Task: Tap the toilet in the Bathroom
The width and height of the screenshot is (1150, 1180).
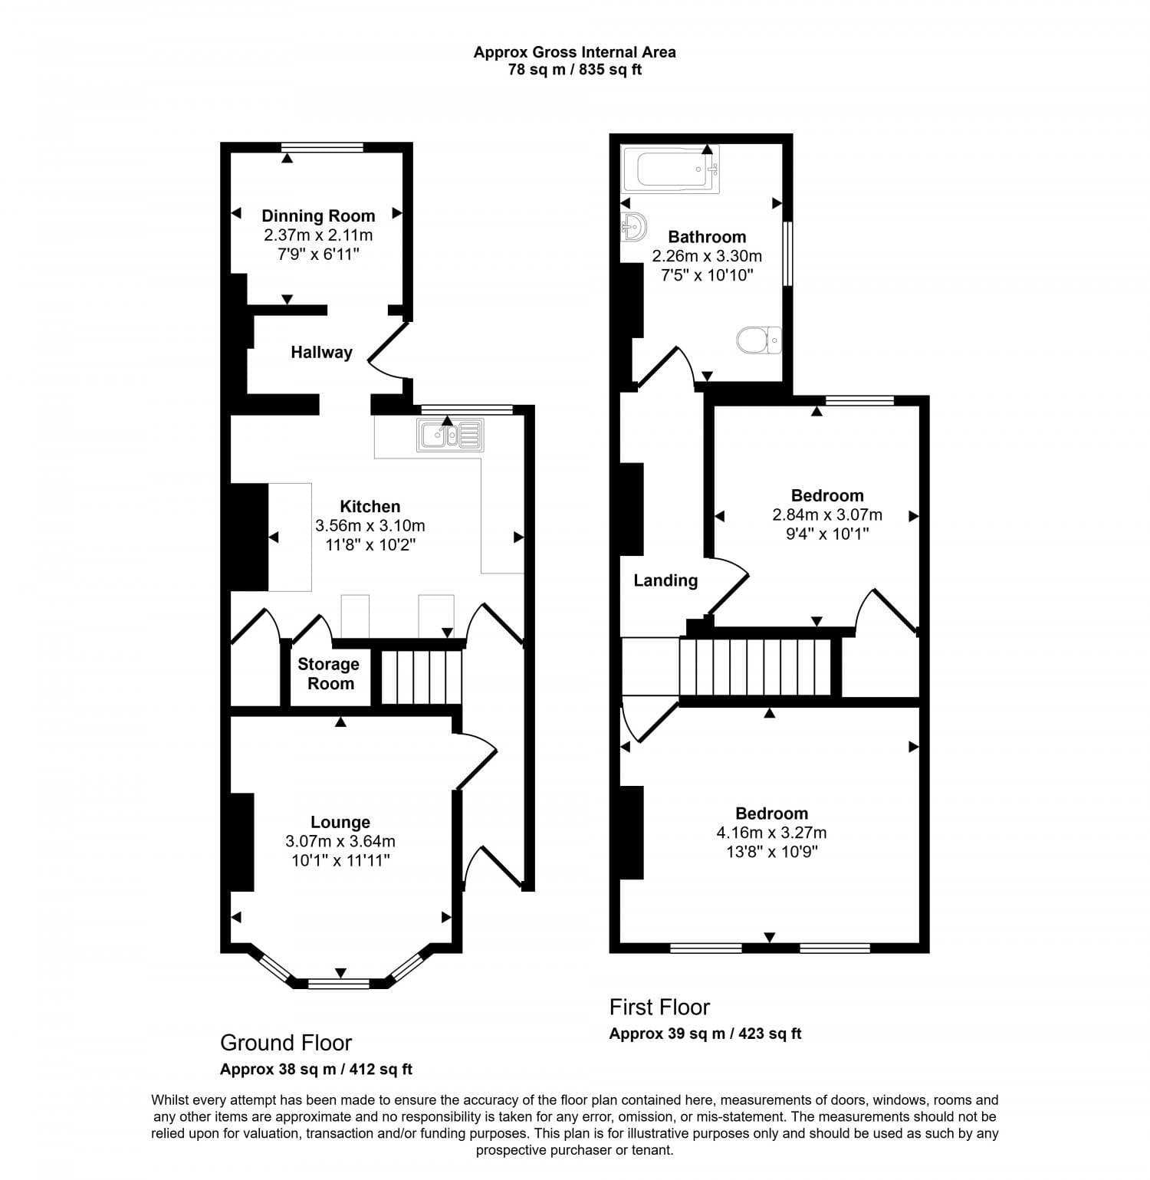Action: click(759, 340)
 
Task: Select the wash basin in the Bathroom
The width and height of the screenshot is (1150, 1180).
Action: click(633, 227)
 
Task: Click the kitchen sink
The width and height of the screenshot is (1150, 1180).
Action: click(450, 434)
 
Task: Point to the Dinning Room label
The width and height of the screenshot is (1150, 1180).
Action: click(318, 216)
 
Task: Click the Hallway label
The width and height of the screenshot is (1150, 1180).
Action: click(321, 353)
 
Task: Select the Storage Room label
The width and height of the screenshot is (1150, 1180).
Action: click(329, 674)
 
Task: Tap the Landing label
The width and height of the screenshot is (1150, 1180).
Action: click(665, 580)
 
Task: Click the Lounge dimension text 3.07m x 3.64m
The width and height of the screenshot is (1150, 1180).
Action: click(340, 841)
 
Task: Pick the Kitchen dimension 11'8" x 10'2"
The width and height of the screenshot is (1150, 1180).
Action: click(370, 545)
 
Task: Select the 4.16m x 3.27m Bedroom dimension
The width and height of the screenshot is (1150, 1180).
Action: click(771, 833)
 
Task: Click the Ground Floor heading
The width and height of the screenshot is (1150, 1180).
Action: click(285, 1043)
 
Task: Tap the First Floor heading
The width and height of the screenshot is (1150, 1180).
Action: click(659, 1007)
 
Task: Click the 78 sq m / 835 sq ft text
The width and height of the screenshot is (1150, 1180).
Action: click(574, 70)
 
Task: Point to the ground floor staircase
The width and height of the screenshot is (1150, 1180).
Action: click(422, 676)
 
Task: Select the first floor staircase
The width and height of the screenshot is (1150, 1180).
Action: click(755, 667)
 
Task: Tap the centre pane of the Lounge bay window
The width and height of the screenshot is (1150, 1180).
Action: click(338, 983)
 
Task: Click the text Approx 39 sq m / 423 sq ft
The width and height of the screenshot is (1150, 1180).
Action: click(705, 1034)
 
